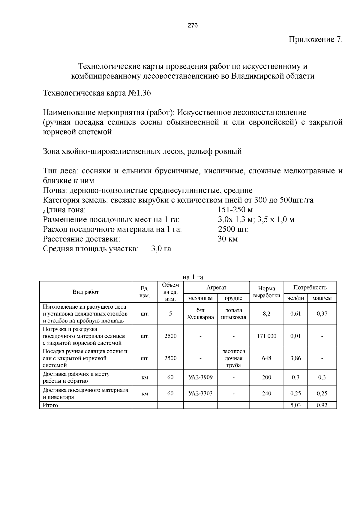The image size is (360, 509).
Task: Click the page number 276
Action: (x=193, y=26)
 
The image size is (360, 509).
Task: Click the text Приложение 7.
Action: (x=315, y=40)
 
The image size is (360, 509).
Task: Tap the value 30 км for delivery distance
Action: (x=227, y=239)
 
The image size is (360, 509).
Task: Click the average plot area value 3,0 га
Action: (x=161, y=249)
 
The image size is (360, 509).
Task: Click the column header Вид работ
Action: (x=85, y=292)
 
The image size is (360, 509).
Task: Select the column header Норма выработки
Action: (x=266, y=292)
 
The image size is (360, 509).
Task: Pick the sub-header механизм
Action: (x=200, y=298)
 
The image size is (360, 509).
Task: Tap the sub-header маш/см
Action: (x=322, y=298)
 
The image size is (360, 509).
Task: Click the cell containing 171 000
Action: (x=266, y=336)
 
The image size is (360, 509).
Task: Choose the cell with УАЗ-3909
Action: (x=200, y=377)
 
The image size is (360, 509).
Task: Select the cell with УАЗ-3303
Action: (x=200, y=394)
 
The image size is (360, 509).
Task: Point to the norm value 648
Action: (x=266, y=358)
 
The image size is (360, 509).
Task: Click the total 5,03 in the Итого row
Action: (x=295, y=406)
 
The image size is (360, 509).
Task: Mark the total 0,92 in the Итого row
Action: (x=322, y=406)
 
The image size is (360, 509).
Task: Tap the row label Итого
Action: (x=50, y=406)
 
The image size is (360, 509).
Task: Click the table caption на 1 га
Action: (x=193, y=277)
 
